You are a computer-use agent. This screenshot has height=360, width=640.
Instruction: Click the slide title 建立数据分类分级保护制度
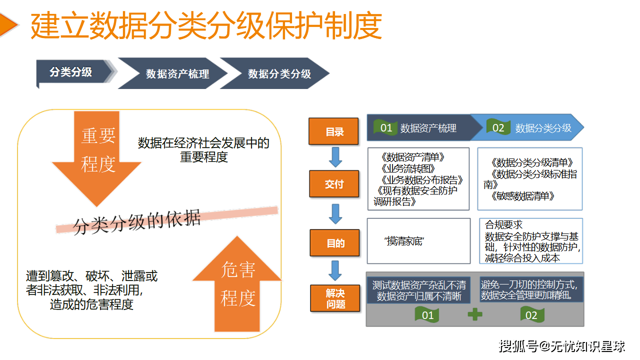pos(206,26)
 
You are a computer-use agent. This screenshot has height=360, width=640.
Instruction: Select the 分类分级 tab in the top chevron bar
pos(71,72)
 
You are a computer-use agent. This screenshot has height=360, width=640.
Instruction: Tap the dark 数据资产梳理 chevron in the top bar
pos(177,74)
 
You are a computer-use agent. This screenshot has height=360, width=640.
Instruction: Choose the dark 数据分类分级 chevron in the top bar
pos(279,74)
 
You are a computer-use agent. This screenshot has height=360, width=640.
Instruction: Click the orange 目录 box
pos(334,131)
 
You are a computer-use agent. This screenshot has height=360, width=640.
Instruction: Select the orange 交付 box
pos(334,184)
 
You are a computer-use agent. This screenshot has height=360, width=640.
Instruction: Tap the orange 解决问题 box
pos(335,298)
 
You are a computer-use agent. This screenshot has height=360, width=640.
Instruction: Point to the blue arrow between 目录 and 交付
pos(335,157)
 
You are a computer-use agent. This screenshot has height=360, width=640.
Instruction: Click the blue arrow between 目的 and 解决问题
pos(335,270)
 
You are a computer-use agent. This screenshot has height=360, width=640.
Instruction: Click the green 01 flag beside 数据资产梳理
pos(386,128)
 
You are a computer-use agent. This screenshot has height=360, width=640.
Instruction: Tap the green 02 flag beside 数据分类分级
pos(498,128)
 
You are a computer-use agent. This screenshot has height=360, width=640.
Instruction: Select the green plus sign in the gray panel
pos(475,314)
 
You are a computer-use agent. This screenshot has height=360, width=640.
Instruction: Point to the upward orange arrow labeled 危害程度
pos(238,285)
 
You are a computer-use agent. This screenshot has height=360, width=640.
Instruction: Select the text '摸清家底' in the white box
pos(404,241)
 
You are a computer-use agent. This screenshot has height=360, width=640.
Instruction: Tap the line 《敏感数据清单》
pos(523,196)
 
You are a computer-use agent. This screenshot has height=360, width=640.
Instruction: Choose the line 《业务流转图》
pos(407,168)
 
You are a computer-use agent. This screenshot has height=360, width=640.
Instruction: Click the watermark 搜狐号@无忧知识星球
pos(562,345)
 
